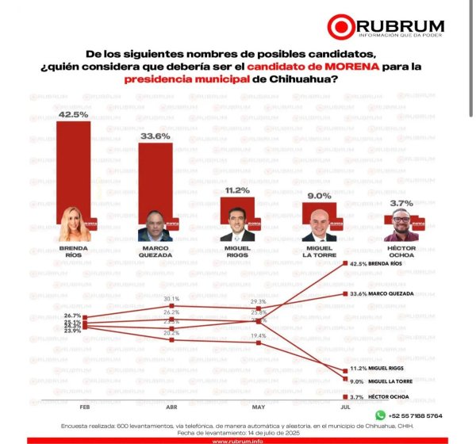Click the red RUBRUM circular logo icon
[343, 26]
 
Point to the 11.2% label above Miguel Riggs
[237, 190]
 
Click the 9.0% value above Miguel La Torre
[319, 196]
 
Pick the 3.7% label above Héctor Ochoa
[401, 205]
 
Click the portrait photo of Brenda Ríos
[73, 225]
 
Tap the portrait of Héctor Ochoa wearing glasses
[401, 226]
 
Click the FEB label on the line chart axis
[84, 406]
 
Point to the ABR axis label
[171, 406]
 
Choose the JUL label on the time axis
[345, 406]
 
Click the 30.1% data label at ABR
[171, 299]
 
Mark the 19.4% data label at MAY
[258, 336]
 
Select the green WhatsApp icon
[380, 415]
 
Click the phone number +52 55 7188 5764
[416, 415]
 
